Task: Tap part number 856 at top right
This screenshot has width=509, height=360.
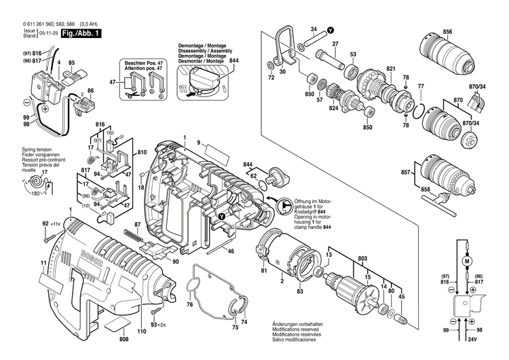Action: click(x=447, y=33)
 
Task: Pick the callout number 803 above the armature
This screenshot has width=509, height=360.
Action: click(x=363, y=258)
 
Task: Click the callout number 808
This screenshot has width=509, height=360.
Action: click(x=124, y=339)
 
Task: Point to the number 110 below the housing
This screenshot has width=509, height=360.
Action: click(x=141, y=331)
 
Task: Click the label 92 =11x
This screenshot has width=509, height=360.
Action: click(x=50, y=223)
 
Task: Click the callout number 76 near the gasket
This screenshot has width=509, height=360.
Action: click(x=189, y=306)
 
